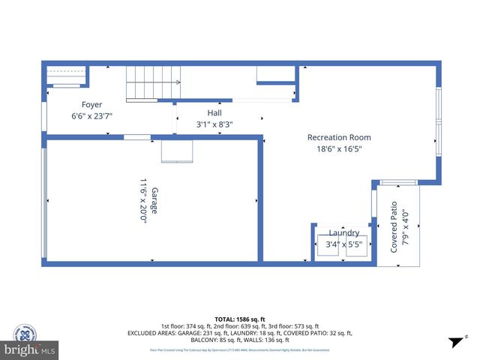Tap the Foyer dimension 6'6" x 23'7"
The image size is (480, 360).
point(92,116)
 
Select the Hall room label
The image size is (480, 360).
point(214,113)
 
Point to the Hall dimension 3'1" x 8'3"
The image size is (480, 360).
point(214,124)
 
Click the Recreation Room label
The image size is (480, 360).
point(339,137)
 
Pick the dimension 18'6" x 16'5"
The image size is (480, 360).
point(339,149)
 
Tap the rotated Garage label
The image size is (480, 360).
point(154,202)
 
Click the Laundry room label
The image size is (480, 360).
point(343,233)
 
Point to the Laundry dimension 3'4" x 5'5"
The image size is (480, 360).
point(343,244)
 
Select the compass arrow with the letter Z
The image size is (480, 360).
point(457,341)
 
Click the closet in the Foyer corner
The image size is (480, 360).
point(67,76)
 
